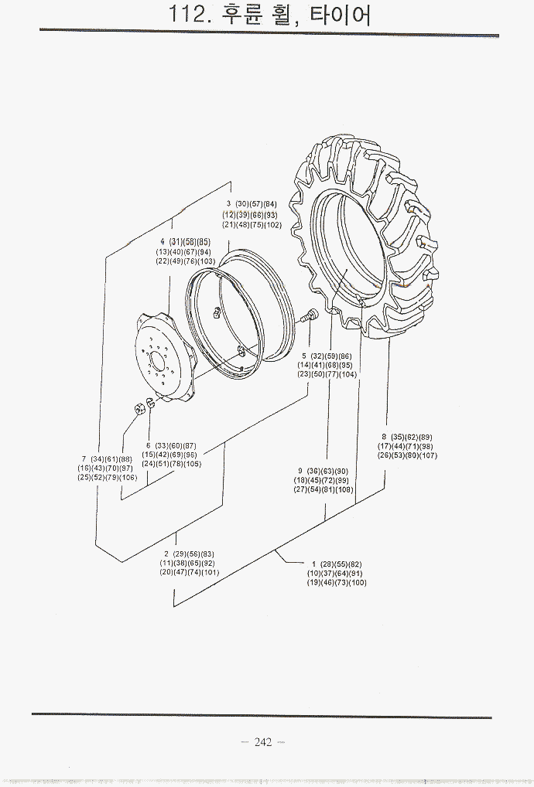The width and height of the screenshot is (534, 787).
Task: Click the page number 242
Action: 262,742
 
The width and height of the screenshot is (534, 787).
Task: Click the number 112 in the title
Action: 190,15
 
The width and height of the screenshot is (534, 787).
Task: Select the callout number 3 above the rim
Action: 229,204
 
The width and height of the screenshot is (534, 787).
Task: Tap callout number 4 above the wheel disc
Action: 163,242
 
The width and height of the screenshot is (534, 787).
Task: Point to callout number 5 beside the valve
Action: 304,356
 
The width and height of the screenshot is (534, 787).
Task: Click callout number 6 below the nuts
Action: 148,445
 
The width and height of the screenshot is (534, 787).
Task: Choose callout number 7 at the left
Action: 84,459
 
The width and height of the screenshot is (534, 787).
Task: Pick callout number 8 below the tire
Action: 384,437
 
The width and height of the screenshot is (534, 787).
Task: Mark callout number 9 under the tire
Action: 300,472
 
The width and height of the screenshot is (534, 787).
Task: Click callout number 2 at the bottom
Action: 166,554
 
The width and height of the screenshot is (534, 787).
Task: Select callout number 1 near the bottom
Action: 313,564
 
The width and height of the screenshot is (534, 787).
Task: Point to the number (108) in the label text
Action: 344,490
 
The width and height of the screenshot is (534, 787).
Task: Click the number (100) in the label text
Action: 357,583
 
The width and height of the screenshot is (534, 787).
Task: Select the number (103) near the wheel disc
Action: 206,261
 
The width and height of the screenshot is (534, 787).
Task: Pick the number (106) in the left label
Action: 128,478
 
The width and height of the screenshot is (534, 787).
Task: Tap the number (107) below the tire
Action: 428,455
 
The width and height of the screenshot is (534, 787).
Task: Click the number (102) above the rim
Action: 272,225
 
